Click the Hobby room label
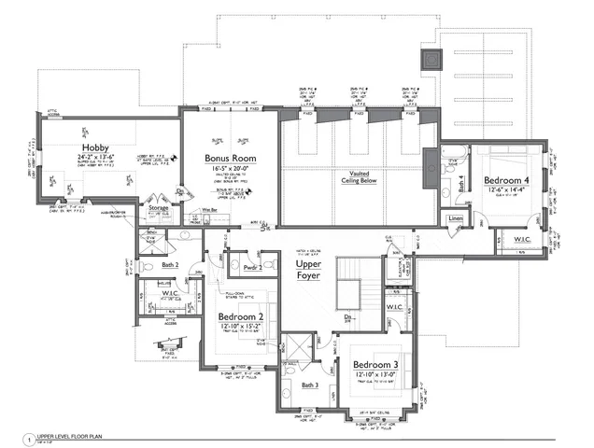(95, 148)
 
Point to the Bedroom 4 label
(507, 180)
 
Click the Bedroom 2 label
(240, 316)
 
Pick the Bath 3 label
(310, 385)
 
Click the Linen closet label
(456, 219)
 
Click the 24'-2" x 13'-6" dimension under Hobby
(95, 159)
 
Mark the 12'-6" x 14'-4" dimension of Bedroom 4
(507, 190)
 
